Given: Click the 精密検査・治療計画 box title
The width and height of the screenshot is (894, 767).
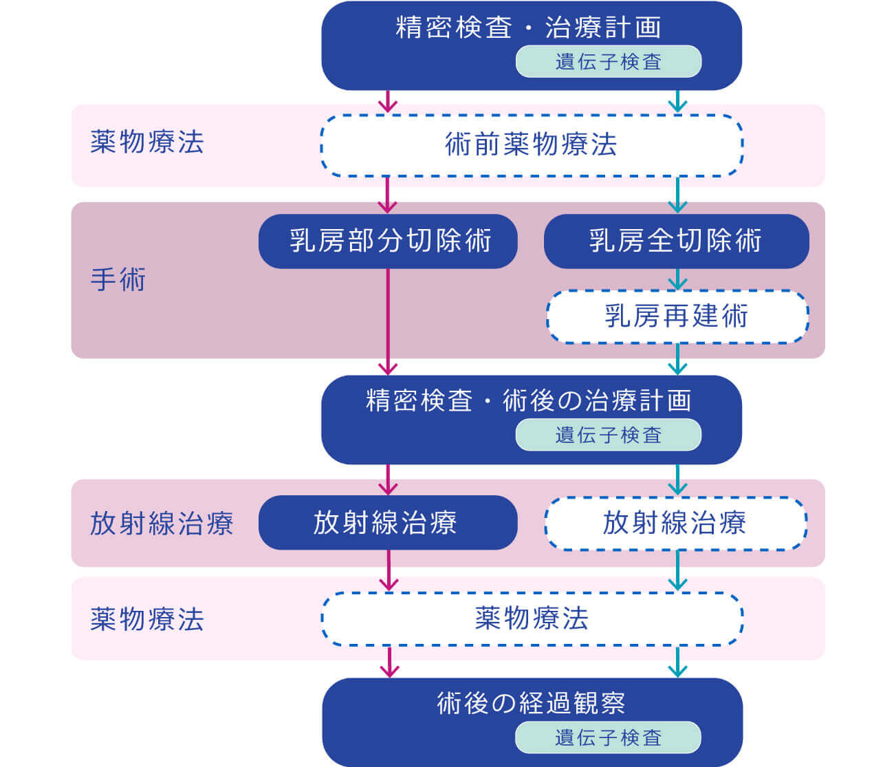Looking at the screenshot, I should coord(528,28).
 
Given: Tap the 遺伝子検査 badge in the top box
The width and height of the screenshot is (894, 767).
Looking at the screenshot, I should coord(608,62).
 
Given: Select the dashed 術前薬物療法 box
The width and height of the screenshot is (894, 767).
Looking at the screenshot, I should coord(531,145).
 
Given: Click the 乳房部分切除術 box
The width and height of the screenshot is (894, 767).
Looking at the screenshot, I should coord(388,241).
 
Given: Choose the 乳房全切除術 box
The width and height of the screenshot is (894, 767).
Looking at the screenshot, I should coord(676,241).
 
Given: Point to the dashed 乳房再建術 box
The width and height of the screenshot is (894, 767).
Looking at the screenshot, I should coord(677,316).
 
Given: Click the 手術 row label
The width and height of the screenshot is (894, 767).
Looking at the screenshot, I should coord(118,280).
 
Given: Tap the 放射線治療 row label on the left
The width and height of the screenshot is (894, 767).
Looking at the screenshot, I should coord(162,523).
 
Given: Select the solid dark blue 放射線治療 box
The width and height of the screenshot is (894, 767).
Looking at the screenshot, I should coord(387,523).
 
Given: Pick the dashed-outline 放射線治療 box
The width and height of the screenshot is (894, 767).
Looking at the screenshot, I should coord(675,523).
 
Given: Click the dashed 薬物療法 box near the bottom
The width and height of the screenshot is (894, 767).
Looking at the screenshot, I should coord(531,618).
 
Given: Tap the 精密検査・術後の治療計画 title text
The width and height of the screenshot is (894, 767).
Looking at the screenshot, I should coord(528,401).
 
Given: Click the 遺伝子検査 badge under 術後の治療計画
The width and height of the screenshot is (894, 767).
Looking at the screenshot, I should coord(608,435).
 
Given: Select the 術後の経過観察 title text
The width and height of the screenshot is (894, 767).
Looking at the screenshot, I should coord(531,703).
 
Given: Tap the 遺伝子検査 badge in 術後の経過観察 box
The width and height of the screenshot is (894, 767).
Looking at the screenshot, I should coord(608,737).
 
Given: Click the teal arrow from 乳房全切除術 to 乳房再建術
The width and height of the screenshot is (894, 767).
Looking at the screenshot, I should coord(678,279).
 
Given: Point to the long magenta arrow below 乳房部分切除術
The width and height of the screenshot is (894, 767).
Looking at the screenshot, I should coord(389,320).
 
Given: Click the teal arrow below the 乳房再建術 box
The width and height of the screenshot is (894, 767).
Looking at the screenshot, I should coord(678,359).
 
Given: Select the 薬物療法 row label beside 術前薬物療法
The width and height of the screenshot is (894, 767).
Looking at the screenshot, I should coord(146,142).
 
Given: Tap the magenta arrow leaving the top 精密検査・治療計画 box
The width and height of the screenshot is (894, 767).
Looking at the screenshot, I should coord(389,101).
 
